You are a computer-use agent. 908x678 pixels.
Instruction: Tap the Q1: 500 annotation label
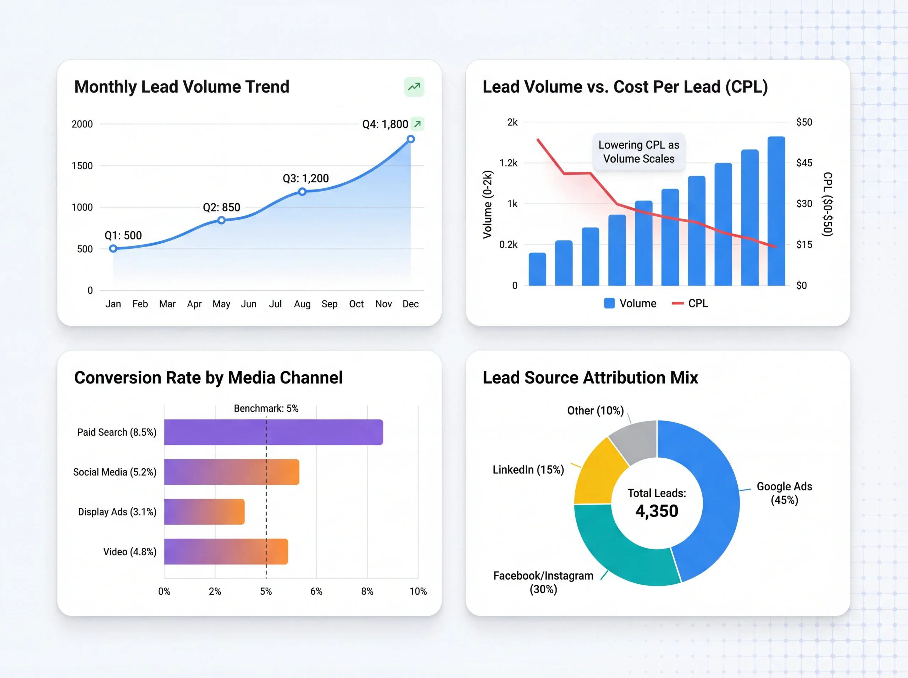click(123, 235)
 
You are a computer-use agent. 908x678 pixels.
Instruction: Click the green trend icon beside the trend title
click(414, 87)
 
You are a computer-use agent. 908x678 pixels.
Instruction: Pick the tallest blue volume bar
click(776, 211)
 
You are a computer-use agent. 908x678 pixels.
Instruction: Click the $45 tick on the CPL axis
click(804, 163)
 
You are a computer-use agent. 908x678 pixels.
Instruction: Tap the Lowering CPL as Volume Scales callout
click(638, 152)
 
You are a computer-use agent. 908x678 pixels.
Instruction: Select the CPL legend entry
click(690, 303)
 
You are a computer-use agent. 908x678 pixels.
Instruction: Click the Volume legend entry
click(631, 303)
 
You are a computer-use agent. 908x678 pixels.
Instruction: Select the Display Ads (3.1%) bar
click(204, 512)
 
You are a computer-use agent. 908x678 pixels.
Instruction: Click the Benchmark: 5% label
click(266, 408)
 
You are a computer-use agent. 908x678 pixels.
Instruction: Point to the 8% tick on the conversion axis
click(367, 591)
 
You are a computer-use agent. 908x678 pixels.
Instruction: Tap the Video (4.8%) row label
click(130, 552)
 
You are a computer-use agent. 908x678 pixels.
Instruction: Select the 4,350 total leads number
click(657, 511)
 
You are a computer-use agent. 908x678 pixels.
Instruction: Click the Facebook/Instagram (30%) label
click(543, 582)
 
